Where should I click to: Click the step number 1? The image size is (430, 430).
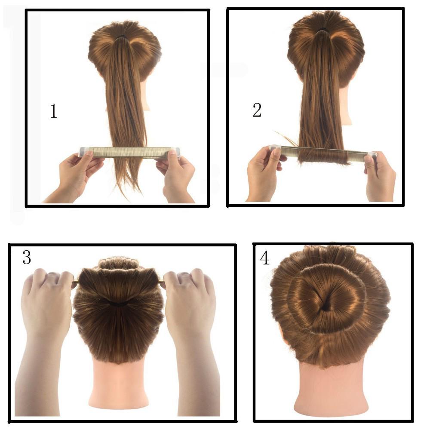pos(54,111)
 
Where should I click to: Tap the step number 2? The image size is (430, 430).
pos(257,110)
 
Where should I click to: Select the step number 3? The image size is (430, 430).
pos(27,258)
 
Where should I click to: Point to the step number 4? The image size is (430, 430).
pos(264,258)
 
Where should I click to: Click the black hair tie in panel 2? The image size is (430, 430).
pos(323,29)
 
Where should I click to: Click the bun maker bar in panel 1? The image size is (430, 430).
pos(130,153)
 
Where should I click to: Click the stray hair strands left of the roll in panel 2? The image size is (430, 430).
pos(286,138)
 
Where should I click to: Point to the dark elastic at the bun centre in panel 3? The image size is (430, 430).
pos(119,304)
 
